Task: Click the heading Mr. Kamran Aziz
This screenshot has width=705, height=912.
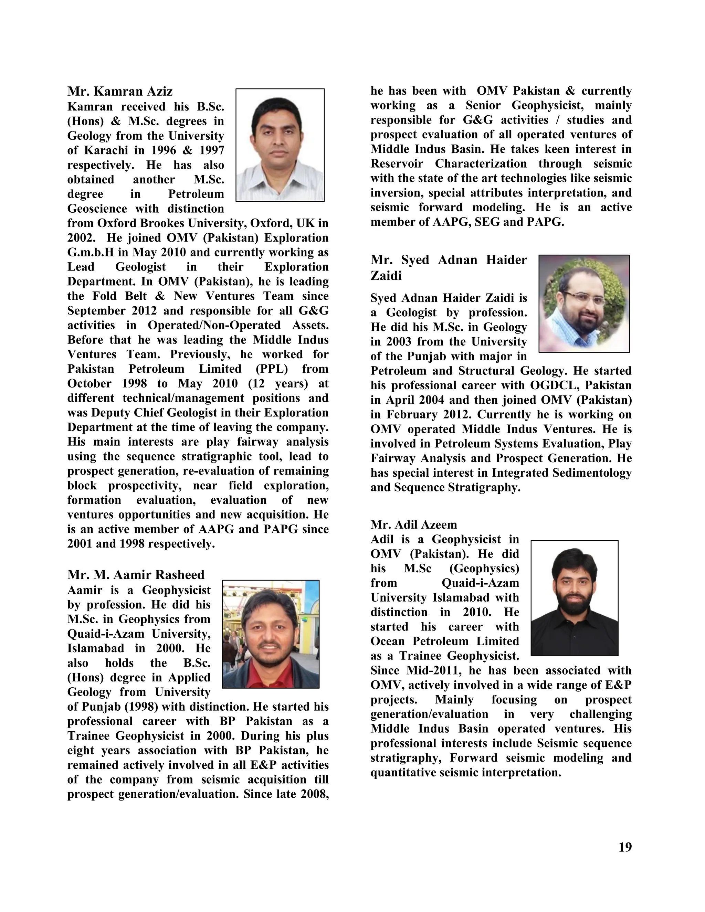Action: click(120, 91)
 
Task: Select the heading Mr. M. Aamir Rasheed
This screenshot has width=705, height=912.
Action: click(136, 575)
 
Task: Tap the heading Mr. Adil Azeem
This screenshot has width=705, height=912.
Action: click(413, 524)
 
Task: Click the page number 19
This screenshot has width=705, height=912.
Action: click(625, 847)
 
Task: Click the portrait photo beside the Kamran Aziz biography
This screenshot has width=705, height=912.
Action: click(280, 145)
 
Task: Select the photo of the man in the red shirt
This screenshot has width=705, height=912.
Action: click(271, 634)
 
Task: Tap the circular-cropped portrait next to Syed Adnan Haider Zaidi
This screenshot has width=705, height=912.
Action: click(584, 304)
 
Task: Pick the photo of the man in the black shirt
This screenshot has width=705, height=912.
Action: click(574, 598)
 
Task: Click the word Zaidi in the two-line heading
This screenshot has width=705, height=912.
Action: click(386, 276)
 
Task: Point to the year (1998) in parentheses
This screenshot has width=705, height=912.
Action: click(141, 707)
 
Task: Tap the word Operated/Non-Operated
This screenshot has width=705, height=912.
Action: click(214, 325)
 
